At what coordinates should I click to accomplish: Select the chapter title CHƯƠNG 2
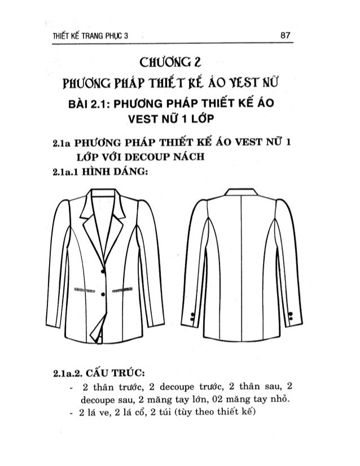[179, 61]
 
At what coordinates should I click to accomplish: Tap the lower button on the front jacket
[103, 294]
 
